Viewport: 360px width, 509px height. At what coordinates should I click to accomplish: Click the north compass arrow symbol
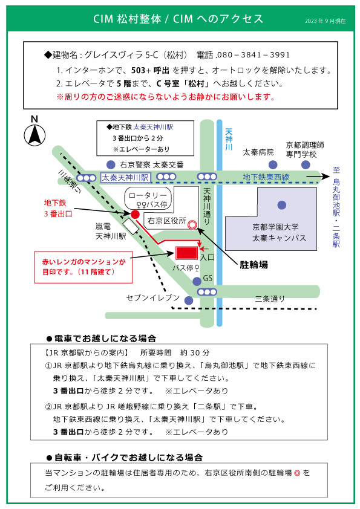tap(34, 135)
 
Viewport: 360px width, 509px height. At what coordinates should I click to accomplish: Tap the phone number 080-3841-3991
tap(254, 55)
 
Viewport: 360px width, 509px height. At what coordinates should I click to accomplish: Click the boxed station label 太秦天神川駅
tap(125, 178)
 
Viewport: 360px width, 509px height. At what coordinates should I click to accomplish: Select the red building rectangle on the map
tap(186, 253)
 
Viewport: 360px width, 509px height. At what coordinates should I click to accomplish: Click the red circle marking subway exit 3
tap(135, 214)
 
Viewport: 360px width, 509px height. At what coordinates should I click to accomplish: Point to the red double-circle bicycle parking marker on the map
tap(192, 225)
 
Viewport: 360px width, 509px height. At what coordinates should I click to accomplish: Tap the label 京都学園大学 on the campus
tap(275, 227)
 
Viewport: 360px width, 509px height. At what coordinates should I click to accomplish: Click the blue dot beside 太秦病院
tap(273, 164)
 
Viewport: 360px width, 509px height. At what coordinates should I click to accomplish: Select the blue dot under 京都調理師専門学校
tap(306, 164)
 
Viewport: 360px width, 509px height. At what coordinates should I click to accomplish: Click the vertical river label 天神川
tap(229, 139)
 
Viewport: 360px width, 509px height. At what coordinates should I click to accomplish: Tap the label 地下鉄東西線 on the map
tap(266, 177)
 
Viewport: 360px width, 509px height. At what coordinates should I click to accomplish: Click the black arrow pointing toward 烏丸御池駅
tap(318, 177)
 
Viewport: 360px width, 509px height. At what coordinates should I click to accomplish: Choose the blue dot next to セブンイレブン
tap(189, 300)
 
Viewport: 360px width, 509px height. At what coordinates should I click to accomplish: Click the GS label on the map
tap(208, 278)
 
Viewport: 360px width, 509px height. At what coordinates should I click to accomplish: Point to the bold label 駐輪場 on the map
tap(254, 265)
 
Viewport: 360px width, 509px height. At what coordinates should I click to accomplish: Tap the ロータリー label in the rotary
tap(148, 195)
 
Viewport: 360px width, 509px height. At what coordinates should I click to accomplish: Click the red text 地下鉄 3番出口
tap(58, 209)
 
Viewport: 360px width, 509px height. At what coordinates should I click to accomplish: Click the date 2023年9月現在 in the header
tap(325, 21)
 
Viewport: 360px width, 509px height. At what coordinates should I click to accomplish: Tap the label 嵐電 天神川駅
tap(111, 231)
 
